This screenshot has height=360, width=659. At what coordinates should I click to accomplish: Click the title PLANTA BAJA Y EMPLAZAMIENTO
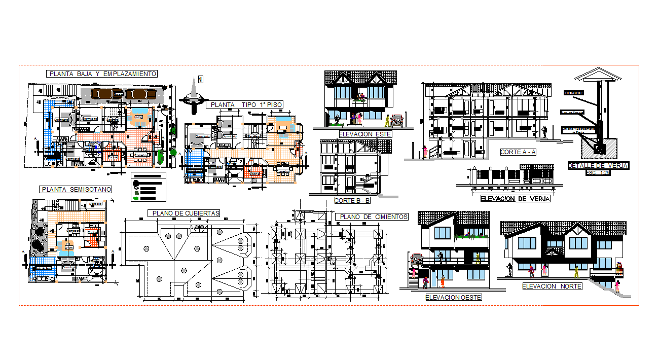pos(102,74)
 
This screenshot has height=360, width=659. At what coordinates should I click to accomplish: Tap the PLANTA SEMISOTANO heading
pos(76,189)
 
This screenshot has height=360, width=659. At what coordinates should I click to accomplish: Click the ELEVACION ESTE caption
pos(365,134)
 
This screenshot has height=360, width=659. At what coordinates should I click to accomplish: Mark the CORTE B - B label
pos(352,201)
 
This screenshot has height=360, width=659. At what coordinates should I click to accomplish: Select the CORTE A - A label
pos(518,152)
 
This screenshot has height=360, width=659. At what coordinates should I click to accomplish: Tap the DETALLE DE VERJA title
pos(598,165)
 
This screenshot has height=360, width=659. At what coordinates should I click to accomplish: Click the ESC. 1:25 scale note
pos(598,172)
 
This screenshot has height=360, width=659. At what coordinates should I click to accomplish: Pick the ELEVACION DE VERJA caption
pos(515,199)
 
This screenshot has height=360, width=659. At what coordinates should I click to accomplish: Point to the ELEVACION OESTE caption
pos(454,297)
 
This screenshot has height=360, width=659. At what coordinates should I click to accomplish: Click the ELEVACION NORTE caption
pos(552,286)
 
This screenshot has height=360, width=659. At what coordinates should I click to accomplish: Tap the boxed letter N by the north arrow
pos(201,79)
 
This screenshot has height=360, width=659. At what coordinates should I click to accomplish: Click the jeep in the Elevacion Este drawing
pos(397,120)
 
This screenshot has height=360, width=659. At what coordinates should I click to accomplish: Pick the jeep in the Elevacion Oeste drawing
pos(417,259)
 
